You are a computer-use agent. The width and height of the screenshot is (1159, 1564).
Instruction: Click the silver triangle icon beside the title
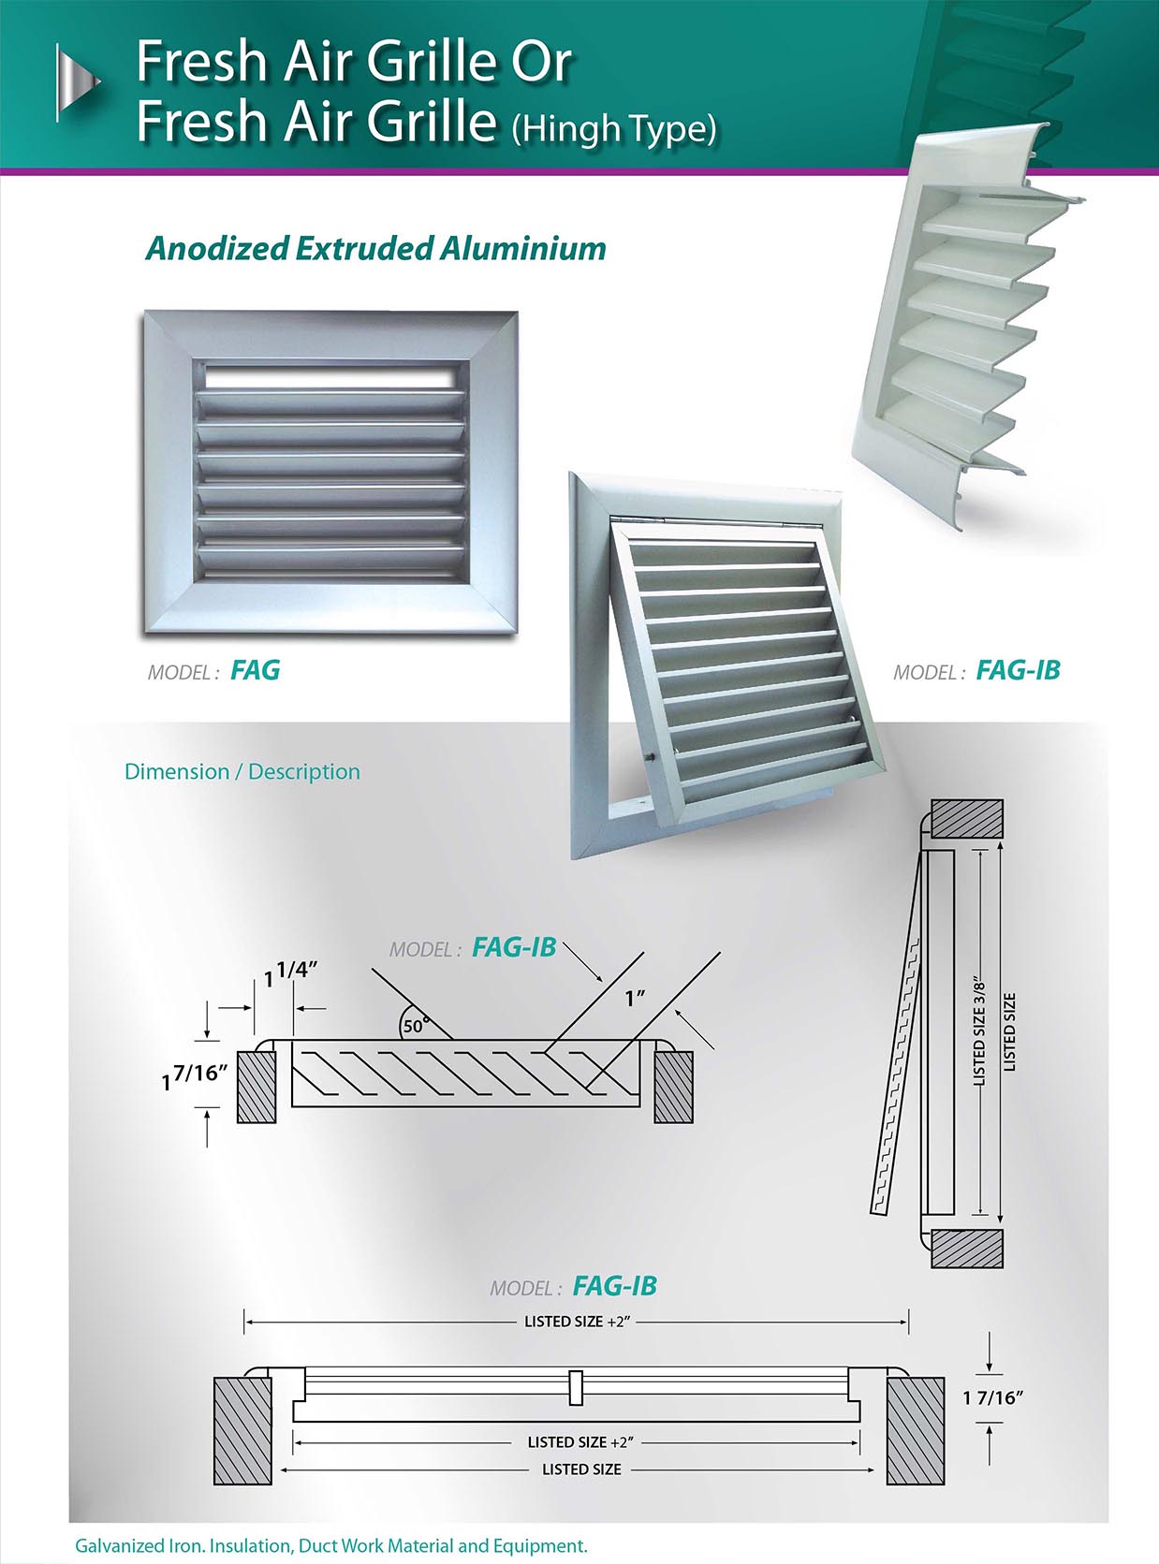(x=78, y=82)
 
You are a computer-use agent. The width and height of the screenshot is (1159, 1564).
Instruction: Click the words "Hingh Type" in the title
(x=614, y=130)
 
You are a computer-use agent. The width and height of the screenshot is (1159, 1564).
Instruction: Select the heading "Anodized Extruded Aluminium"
(x=376, y=248)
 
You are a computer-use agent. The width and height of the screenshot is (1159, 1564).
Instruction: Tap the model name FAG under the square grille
(x=256, y=669)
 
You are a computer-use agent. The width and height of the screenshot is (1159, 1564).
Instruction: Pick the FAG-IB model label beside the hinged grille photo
(x=1018, y=670)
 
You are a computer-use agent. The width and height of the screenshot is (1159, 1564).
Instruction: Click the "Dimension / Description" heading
(x=242, y=771)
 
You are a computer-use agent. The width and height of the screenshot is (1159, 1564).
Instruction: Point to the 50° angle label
(x=415, y=1025)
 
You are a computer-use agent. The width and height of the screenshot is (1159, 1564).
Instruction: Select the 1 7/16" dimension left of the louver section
(x=195, y=1076)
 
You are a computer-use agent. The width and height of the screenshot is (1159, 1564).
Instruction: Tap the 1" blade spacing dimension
(x=636, y=999)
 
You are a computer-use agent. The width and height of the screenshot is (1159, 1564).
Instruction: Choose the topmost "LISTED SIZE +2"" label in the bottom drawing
(x=577, y=1322)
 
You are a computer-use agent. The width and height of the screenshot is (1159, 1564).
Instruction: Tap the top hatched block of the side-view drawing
(x=967, y=819)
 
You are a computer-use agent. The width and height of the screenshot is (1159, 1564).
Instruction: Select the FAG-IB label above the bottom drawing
(x=614, y=1285)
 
